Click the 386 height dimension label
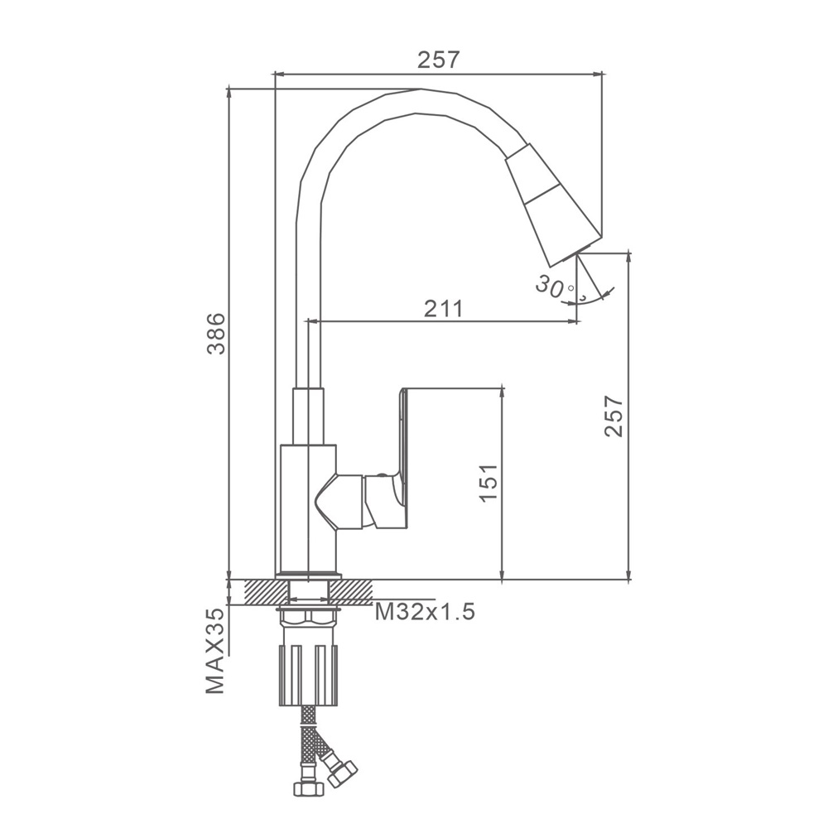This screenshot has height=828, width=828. (x=216, y=334)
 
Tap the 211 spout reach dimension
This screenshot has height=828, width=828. (x=444, y=308)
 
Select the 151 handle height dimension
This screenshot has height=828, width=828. (x=489, y=484)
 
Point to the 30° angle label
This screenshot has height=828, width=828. (x=556, y=287)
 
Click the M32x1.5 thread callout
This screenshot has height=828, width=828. (x=425, y=612)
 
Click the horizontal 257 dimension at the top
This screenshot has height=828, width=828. (x=440, y=60)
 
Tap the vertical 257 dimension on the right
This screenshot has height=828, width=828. (x=614, y=416)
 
